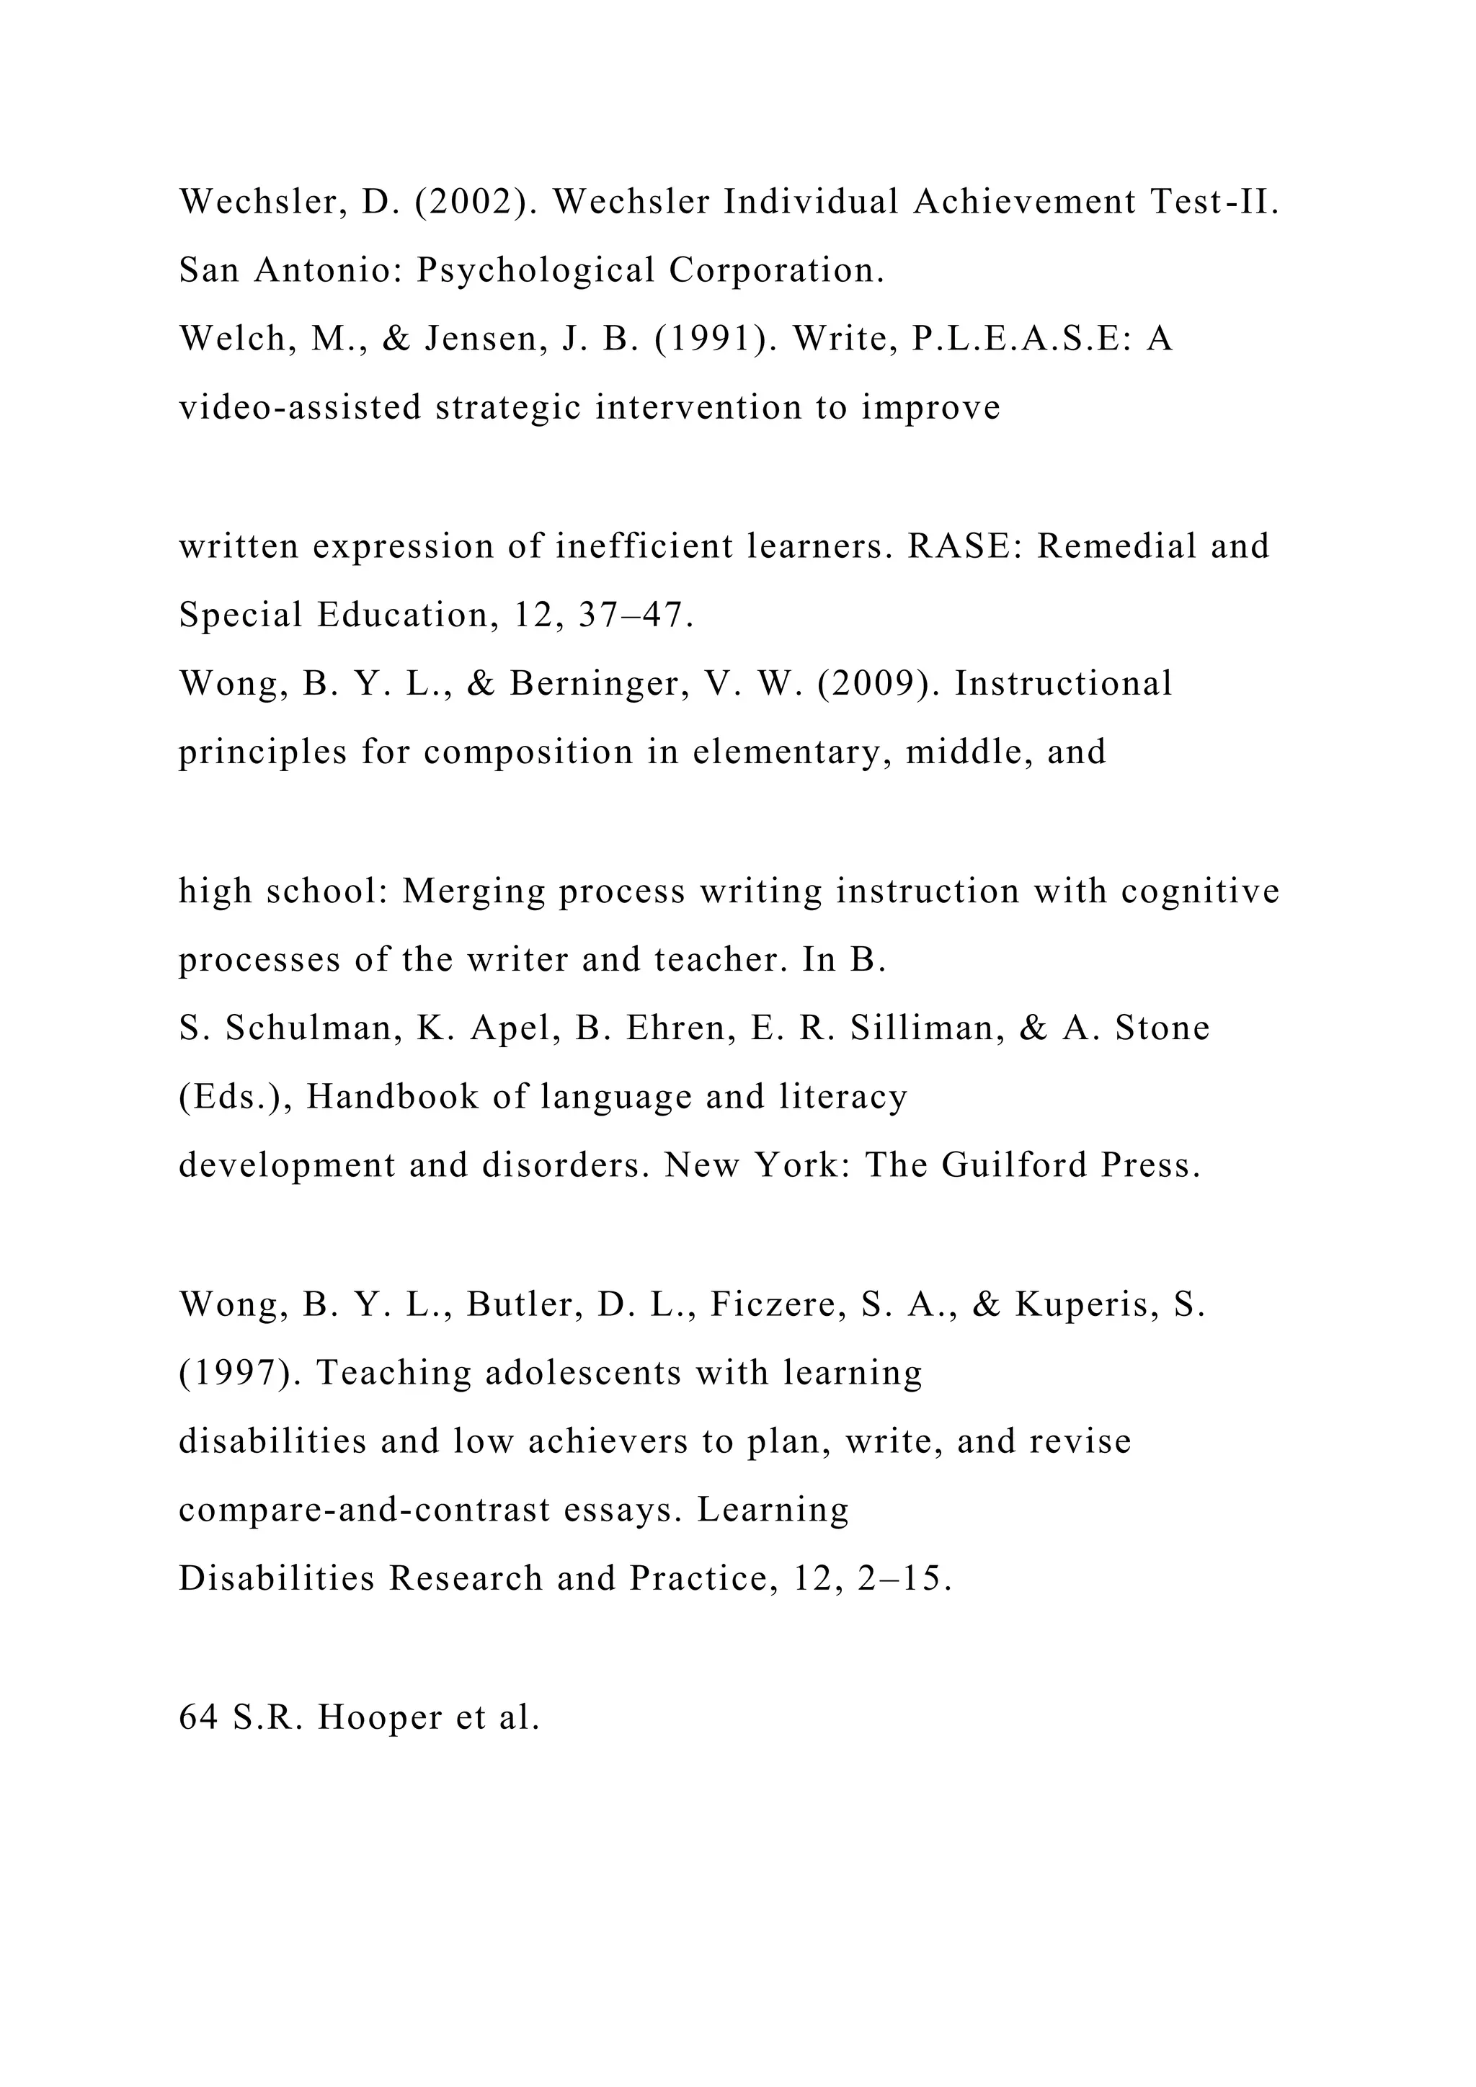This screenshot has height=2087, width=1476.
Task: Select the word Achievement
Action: click(1024, 202)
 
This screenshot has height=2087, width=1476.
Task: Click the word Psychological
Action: click(535, 270)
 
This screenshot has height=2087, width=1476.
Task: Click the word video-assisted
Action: click(300, 407)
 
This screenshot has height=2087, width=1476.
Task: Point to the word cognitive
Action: click(1200, 891)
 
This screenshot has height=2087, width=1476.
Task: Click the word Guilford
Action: click(1013, 1165)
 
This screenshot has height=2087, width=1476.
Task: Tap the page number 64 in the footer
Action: click(198, 1717)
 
